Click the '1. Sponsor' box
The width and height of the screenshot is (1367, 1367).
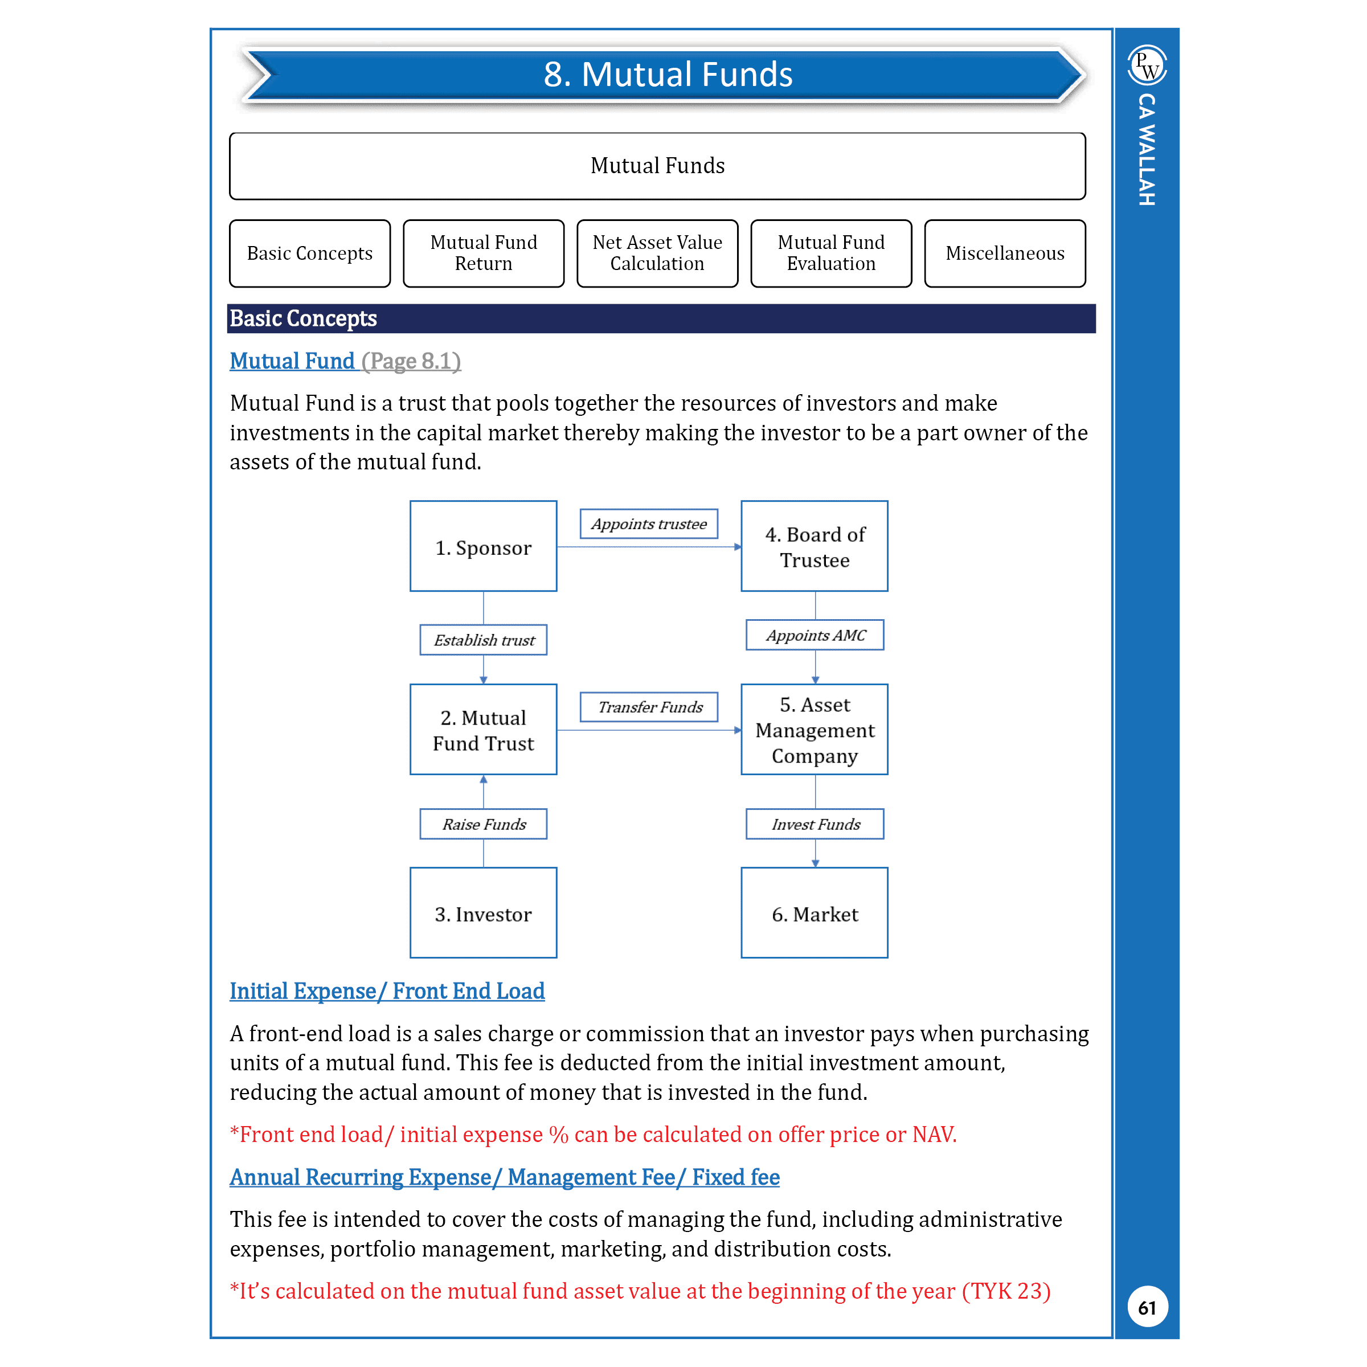click(483, 546)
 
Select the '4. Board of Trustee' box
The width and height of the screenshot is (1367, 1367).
click(815, 546)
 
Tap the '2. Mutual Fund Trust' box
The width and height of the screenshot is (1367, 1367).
click(483, 730)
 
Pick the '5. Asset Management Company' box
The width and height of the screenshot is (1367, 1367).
click(815, 730)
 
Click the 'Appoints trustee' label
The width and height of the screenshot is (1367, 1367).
click(649, 523)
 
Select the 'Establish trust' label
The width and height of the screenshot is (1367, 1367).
click(483, 640)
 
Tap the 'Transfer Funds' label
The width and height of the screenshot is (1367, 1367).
click(649, 707)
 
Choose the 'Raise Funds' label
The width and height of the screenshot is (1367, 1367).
click(483, 824)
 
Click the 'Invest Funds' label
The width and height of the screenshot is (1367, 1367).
click(815, 824)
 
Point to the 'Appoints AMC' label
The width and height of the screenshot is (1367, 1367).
click(815, 635)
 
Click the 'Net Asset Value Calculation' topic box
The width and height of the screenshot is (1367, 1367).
click(657, 253)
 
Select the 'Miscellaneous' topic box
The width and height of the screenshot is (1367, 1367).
click(1005, 253)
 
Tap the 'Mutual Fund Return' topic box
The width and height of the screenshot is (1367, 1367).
click(483, 253)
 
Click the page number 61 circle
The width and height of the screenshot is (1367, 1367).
click(1147, 1307)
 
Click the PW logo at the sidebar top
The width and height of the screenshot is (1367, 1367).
click(1147, 65)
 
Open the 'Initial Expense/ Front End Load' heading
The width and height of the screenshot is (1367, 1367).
click(387, 991)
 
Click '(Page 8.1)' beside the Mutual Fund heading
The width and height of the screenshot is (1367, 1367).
click(411, 361)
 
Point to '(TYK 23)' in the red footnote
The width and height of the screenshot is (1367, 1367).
click(1006, 1291)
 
